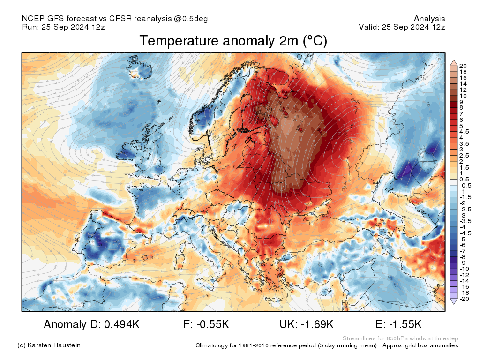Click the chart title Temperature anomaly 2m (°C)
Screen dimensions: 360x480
click(x=233, y=41)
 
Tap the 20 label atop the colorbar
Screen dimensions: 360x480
click(x=463, y=65)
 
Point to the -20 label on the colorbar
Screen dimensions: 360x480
click(x=464, y=299)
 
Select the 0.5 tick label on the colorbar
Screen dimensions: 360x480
click(x=464, y=179)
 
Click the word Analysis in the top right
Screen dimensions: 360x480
click(x=429, y=19)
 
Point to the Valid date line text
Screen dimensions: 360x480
click(x=402, y=27)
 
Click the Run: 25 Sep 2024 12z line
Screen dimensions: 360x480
click(x=63, y=27)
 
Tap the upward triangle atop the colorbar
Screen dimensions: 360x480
click(x=454, y=62)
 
